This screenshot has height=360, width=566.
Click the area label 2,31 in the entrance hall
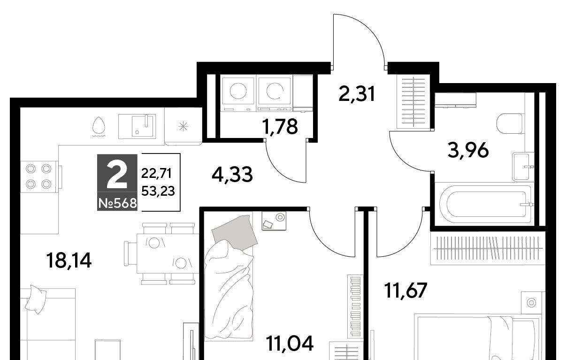point(356,94)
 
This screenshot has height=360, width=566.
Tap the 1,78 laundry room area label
point(280,127)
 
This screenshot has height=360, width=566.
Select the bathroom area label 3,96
point(468,151)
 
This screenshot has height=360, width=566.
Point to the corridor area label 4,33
point(232,175)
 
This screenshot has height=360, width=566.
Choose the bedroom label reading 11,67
point(405,290)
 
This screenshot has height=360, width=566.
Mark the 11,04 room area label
point(290,344)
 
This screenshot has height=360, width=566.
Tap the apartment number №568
point(117,203)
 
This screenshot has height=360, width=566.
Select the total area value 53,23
point(158,191)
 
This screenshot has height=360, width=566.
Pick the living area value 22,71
point(156,173)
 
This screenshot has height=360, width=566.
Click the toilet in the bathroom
point(509,124)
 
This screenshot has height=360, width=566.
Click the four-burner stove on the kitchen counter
point(39,176)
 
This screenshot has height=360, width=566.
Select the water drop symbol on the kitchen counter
point(98,127)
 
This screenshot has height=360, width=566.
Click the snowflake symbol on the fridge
point(183,126)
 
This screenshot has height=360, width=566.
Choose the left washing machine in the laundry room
point(238,93)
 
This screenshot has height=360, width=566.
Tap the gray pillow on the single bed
point(235,232)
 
